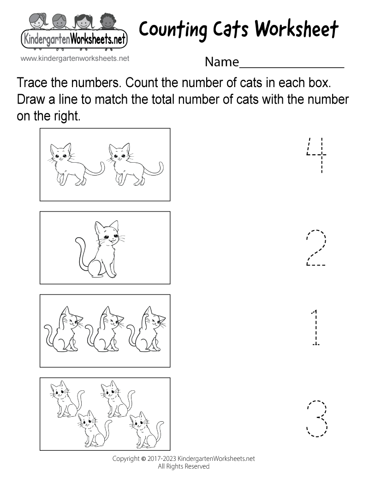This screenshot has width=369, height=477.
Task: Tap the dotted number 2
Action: pyautogui.click(x=316, y=247)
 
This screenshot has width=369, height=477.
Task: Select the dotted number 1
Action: pyautogui.click(x=315, y=328)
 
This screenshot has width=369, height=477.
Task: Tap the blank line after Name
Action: pyautogui.click(x=292, y=62)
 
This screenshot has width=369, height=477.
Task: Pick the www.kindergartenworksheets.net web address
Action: pyautogui.click(x=75, y=59)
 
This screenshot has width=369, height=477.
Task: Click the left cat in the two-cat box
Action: pyautogui.click(x=69, y=164)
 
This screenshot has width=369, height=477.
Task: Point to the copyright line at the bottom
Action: pyautogui.click(x=184, y=459)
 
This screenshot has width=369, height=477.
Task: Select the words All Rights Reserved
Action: pyautogui.click(x=184, y=466)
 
